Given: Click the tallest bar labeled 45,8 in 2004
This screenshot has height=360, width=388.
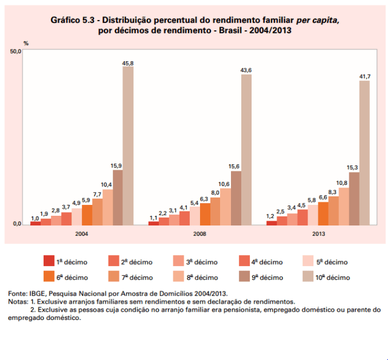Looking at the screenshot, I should coord(128,145).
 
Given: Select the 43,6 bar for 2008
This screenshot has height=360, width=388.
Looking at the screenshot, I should coord(246,149).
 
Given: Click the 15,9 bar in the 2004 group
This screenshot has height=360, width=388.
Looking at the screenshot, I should coord(118,197).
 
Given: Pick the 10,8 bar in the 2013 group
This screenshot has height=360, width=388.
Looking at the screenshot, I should coord(344,206).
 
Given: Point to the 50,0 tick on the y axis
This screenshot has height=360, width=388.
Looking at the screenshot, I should coord(15,52).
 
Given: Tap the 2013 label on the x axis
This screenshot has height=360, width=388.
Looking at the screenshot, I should coord(319,233).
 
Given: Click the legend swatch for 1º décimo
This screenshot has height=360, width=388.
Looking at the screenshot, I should coord(48,261).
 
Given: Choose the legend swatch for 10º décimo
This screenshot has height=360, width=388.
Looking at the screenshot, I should coord(306,276).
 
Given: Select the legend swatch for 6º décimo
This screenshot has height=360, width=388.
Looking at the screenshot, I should coord(48,276).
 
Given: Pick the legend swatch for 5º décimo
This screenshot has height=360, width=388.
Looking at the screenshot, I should coord(306,261).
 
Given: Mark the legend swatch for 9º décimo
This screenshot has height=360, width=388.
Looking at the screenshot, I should coord(241,276).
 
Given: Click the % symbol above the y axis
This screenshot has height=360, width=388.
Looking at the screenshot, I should coord(26,44).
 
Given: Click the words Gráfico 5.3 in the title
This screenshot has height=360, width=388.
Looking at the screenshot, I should coord(73,20).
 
